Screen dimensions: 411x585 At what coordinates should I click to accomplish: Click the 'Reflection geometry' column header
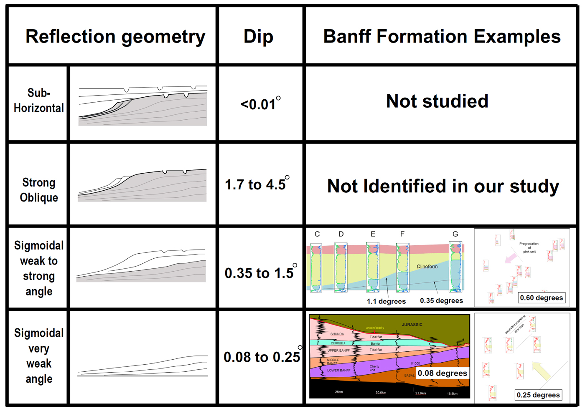115,37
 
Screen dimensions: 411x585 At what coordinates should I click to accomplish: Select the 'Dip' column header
258,37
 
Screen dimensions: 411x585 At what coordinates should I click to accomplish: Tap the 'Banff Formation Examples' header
442,37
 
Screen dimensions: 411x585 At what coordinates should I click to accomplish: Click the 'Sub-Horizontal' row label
39,101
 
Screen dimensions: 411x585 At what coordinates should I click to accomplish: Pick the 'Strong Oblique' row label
39,190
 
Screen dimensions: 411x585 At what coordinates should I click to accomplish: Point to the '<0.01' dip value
259,104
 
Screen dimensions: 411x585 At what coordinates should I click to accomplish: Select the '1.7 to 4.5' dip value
256,184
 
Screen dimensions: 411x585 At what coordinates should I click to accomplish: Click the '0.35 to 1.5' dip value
259,273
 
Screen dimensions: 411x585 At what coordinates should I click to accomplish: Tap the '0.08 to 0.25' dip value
262,357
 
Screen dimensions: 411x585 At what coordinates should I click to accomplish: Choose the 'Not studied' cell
437,101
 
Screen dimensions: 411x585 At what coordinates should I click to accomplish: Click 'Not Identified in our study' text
443,186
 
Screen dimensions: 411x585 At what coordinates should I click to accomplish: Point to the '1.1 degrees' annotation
386,301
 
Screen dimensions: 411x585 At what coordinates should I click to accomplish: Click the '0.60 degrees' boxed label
542,298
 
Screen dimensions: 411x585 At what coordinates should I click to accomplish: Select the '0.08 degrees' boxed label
443,373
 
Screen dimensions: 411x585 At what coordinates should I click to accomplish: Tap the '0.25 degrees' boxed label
538,395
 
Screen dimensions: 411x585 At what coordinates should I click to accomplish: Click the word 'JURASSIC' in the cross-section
412,325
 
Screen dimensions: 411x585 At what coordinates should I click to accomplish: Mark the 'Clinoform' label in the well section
427,266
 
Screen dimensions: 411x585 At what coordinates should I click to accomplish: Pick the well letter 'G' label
455,234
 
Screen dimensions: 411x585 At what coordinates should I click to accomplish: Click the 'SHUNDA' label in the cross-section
337,334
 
